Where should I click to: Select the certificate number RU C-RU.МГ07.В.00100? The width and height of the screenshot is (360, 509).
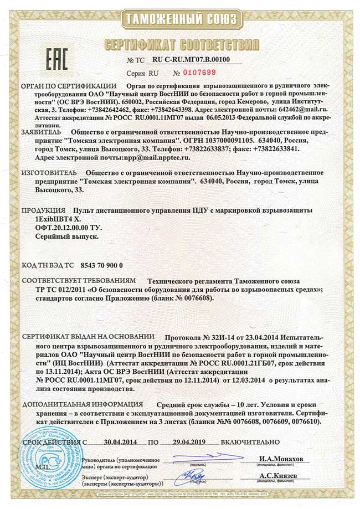pyautogui.click(x=191, y=59)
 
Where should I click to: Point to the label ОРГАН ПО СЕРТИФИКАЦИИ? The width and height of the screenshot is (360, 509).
pyautogui.click(x=69, y=86)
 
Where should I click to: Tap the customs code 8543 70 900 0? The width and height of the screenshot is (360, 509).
pyautogui.click(x=101, y=266)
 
